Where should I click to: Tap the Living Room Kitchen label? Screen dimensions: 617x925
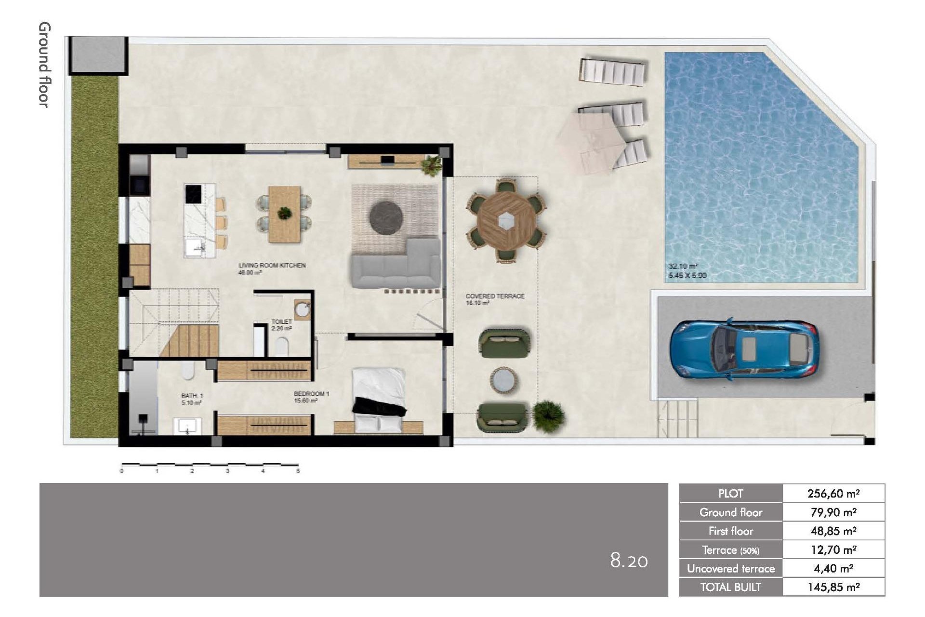272,266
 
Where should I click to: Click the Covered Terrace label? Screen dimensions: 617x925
495,296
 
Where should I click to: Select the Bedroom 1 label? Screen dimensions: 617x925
311,394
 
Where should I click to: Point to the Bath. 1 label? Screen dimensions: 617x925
192,396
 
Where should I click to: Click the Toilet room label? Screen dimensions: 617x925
281,322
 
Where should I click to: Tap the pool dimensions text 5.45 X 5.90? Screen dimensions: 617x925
687,276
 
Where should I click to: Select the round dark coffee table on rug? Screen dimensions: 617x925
386,218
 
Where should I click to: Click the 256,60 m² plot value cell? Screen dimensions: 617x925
833,494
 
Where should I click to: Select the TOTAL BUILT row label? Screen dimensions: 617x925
730,587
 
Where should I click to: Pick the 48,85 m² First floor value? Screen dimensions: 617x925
833,531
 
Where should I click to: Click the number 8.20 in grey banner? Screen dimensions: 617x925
629,561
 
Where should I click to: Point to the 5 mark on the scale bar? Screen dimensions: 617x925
298,471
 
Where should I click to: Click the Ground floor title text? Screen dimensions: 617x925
44,65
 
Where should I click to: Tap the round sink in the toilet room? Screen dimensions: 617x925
303,310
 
